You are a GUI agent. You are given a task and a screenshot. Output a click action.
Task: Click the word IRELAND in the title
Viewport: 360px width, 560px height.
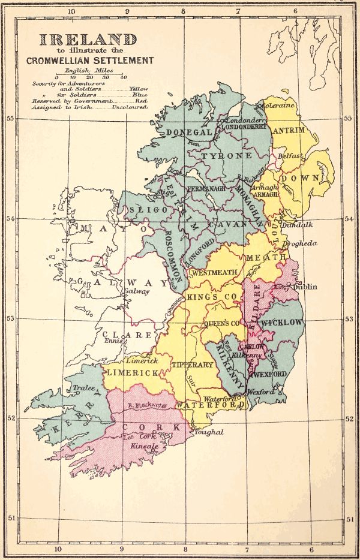88,40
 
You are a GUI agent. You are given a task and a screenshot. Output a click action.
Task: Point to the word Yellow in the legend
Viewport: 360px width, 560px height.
138,88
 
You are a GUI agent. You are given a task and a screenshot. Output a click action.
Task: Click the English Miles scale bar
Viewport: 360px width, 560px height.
89,74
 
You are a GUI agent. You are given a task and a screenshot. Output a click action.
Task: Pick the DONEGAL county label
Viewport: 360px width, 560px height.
190,132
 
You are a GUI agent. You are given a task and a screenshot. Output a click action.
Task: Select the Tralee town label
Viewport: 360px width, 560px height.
84,388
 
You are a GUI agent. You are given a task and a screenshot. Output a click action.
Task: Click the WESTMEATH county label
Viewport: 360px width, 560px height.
214,273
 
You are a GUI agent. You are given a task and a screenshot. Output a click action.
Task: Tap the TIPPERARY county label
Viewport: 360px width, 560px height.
193,365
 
